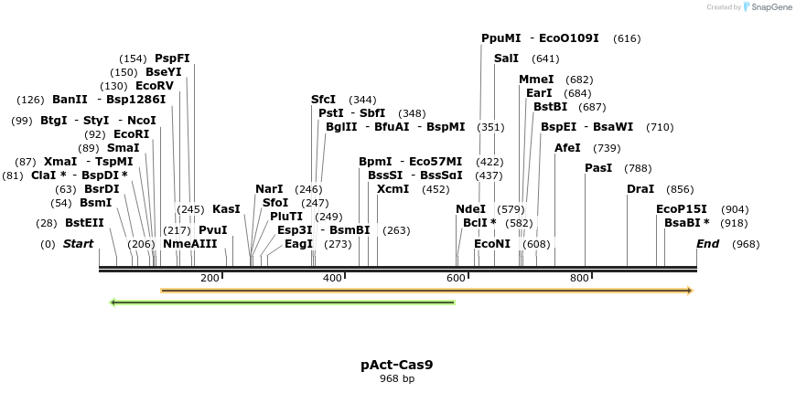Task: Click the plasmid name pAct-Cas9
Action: point(396,365)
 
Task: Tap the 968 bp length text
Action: point(396,378)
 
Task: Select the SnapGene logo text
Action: point(771,7)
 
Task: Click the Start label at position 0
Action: point(78,244)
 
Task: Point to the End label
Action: point(707,244)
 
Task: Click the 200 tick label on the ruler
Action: point(210,278)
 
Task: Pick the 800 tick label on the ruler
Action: point(579,278)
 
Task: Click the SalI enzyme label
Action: point(506,58)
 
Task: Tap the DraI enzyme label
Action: point(640,189)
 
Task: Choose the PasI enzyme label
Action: point(598,168)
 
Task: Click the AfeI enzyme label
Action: point(567,148)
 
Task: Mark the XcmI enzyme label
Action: point(393,189)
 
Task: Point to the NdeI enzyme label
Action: point(470,209)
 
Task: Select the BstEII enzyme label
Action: point(84,223)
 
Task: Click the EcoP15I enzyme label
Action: point(682,209)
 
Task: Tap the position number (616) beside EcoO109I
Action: point(627,38)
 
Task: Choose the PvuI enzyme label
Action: point(212,230)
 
